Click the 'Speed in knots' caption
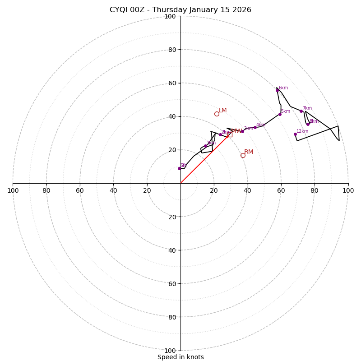pyautogui.click(x=180, y=357)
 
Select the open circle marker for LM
pyautogui.click(x=217, y=114)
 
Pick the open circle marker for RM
pyautogui.click(x=243, y=155)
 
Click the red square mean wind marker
pyautogui.click(x=230, y=134)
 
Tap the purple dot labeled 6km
pyautogui.click(x=277, y=90)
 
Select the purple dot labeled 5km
pyautogui.click(x=280, y=114)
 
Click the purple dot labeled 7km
pyautogui.click(x=301, y=111)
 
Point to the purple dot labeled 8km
pyautogui.click(x=308, y=124)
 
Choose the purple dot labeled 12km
pyautogui.click(x=295, y=134)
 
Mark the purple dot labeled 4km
pyautogui.click(x=255, y=127)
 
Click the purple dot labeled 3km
pyautogui.click(x=242, y=131)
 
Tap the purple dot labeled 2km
pyautogui.click(x=220, y=134)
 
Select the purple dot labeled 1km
pyautogui.click(x=205, y=146)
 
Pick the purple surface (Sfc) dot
pyautogui.click(x=179, y=168)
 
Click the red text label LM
pyautogui.click(x=222, y=111)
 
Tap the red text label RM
pyautogui.click(x=249, y=152)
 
